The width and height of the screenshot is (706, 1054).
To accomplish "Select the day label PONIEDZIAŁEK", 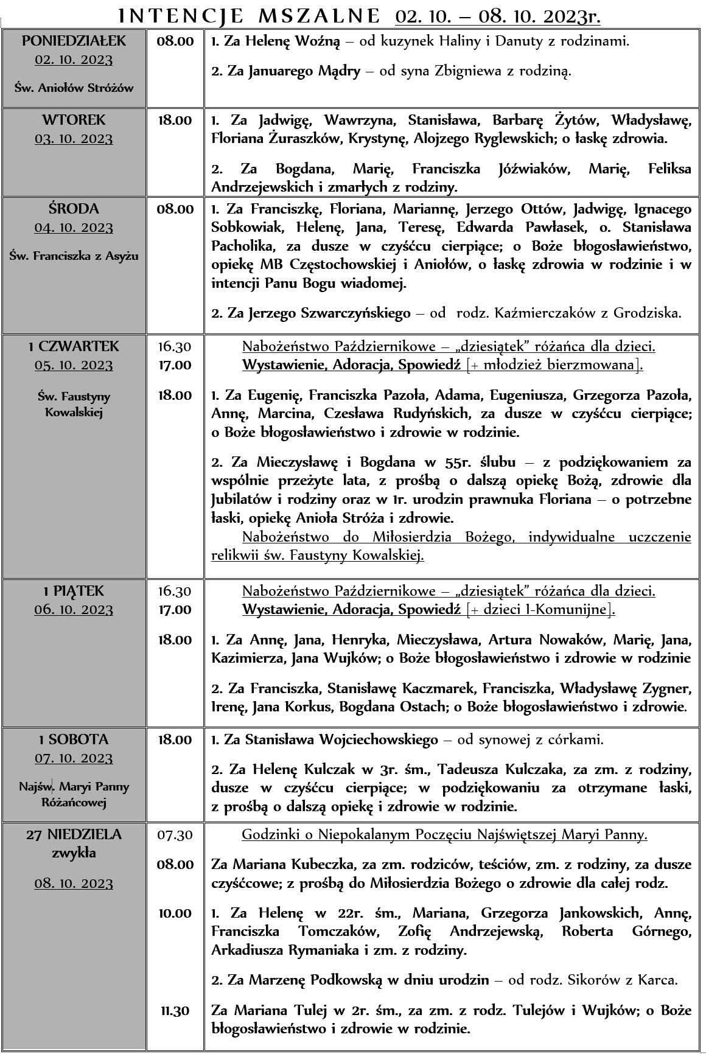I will (74, 41).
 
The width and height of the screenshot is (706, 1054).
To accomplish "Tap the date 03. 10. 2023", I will (74, 139).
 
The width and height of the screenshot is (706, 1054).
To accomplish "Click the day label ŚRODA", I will (74, 209).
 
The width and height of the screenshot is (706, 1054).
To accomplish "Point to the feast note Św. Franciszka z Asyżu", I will (74, 256).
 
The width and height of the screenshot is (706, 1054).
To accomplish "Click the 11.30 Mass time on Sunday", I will (175, 1011).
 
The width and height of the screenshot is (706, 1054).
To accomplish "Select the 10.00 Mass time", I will (175, 913).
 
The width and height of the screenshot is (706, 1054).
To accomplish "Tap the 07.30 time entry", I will (175, 835).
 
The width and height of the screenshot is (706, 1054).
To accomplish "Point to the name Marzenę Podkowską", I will (315, 980).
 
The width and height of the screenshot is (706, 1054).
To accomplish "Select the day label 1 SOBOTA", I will (74, 740).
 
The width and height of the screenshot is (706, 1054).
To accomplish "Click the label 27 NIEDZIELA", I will (74, 835).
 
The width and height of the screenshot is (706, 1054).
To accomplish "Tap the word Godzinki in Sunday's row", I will (267, 835).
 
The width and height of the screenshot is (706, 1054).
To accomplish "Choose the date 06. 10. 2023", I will (74, 610).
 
